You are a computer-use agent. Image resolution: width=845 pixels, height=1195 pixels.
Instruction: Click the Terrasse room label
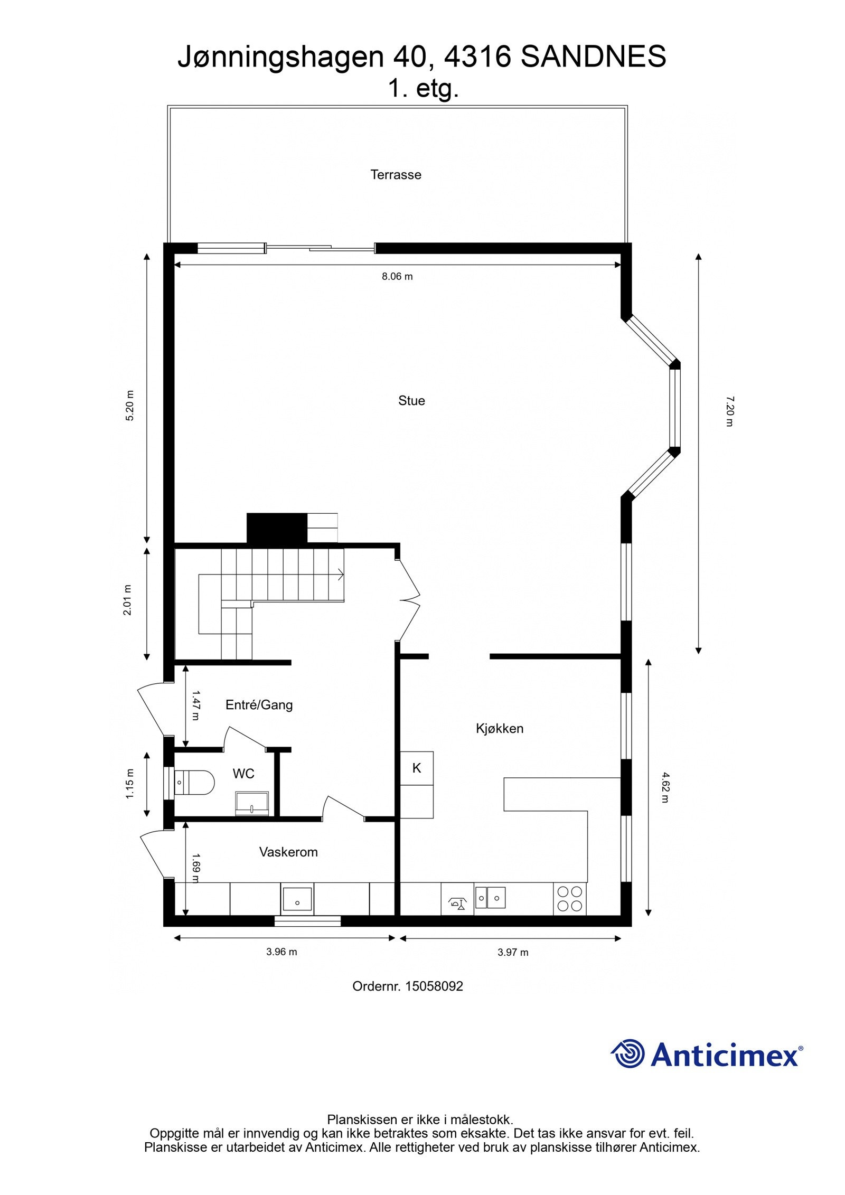(x=396, y=175)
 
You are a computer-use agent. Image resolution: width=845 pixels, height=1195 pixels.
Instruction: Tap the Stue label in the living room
(x=411, y=401)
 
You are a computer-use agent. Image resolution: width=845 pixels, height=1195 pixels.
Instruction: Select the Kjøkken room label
(x=500, y=729)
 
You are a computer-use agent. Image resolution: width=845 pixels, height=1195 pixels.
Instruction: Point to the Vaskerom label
(x=288, y=852)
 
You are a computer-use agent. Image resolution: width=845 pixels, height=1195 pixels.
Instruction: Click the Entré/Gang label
(x=259, y=705)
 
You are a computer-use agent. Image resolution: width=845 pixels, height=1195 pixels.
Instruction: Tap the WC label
(x=243, y=774)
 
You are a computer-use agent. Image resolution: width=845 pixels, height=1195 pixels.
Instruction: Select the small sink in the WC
(x=252, y=803)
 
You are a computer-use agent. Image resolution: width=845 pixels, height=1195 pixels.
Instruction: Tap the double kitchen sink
(x=490, y=897)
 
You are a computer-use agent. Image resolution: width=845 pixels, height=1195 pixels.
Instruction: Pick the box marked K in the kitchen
(x=417, y=768)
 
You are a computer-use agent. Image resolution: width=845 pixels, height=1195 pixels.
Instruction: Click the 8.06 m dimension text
(x=397, y=276)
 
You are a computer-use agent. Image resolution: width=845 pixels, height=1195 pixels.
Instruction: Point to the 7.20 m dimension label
(x=729, y=411)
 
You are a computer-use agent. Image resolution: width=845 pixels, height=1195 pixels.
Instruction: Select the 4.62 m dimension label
(x=665, y=787)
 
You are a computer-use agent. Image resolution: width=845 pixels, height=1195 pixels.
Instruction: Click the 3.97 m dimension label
(x=513, y=953)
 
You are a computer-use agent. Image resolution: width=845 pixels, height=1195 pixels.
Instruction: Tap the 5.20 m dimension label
(x=130, y=405)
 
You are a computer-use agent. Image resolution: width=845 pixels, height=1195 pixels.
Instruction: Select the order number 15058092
(x=434, y=986)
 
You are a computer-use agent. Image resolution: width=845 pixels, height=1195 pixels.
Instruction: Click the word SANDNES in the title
(x=593, y=57)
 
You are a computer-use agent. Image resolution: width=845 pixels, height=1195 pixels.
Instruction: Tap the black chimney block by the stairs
(x=277, y=528)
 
